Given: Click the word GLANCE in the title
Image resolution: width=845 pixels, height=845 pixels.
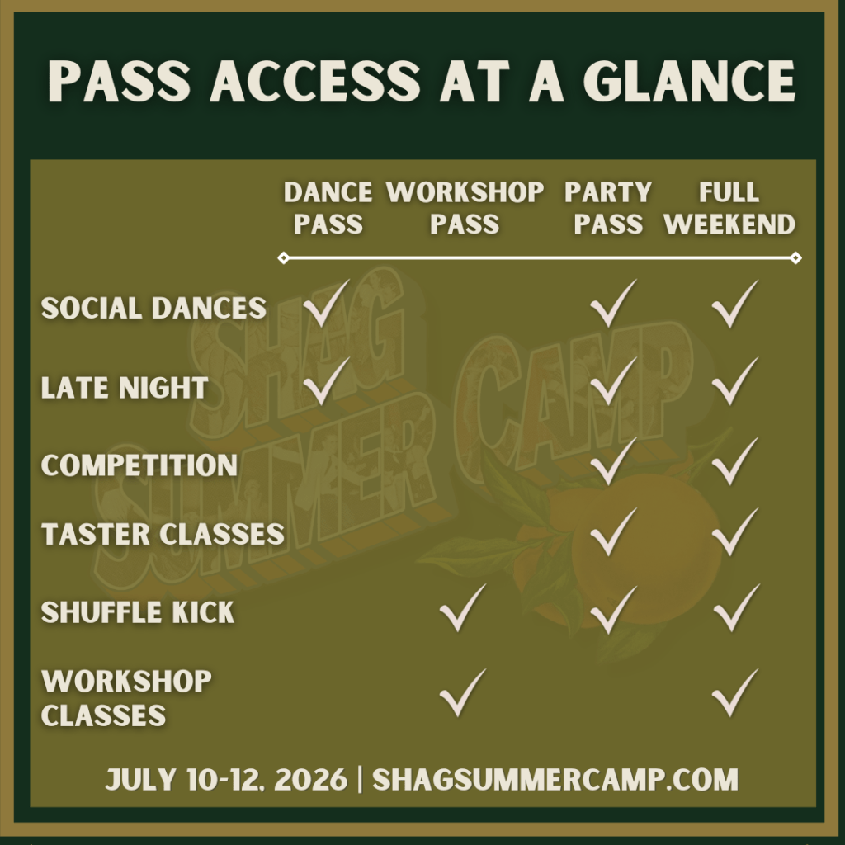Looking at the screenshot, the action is tap(689, 81).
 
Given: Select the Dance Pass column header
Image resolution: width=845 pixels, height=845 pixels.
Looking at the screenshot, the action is tap(328, 208).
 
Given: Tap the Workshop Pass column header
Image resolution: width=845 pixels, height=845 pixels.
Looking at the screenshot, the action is tap(465, 208).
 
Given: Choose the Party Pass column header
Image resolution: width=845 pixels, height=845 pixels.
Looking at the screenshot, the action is tap(608, 208).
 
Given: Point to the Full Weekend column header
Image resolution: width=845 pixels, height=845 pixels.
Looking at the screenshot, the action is tap(729, 208).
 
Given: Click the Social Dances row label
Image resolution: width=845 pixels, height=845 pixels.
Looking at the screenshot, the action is tap(153, 309).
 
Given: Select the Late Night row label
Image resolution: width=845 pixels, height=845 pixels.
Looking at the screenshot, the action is tap(125, 388).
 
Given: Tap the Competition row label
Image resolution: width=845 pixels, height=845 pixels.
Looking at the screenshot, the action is tap(139, 465).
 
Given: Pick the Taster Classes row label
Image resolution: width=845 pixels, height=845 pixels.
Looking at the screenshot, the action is tap(163, 534).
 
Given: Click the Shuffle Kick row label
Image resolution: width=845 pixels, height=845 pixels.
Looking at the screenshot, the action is tap(138, 612).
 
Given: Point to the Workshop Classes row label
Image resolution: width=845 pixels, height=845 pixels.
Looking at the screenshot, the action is tap(126, 698).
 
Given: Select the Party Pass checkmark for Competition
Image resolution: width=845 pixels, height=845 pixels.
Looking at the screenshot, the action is tap(613, 461).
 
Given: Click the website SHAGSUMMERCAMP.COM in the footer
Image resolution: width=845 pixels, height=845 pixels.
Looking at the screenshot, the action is tap(555, 779).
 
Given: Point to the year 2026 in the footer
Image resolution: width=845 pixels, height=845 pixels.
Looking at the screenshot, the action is tap(311, 779).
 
